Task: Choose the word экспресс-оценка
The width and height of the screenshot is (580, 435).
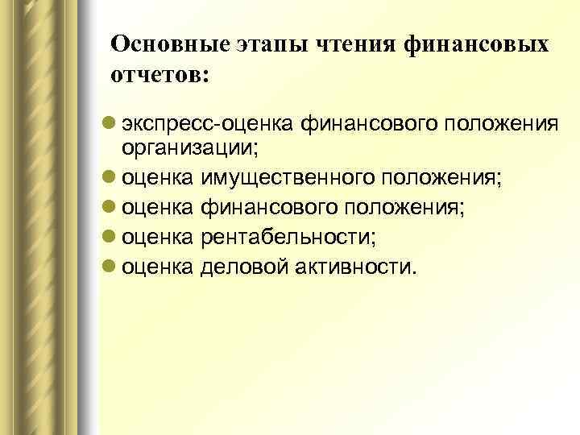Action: pyautogui.click(x=207, y=124)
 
